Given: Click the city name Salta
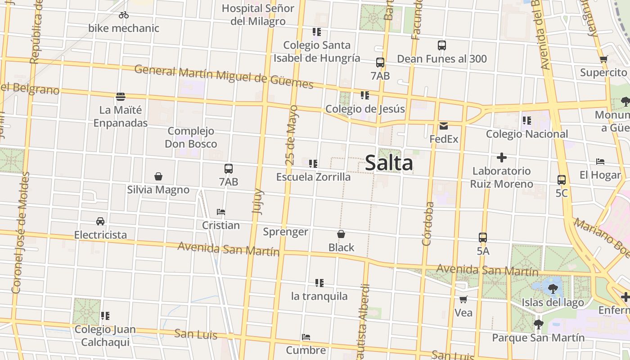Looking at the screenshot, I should (x=389, y=162).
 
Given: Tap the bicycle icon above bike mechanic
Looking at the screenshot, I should (x=124, y=15).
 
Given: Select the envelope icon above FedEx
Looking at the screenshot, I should (x=444, y=126).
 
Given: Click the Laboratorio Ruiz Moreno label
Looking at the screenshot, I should (x=502, y=177).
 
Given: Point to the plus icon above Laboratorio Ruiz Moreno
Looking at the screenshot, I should (x=502, y=157).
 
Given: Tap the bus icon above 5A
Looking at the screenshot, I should (x=483, y=238).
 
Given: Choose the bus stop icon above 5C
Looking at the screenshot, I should (x=562, y=180).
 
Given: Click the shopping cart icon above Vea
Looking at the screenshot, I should (x=463, y=299).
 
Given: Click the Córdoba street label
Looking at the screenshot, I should (x=428, y=224).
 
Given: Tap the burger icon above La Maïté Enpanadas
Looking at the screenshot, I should (x=120, y=96).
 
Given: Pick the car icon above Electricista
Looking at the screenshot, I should (x=100, y=221).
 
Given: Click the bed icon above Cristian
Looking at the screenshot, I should (x=220, y=211).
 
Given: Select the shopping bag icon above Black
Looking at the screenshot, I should (x=341, y=234).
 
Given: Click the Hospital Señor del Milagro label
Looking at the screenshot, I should (x=258, y=14).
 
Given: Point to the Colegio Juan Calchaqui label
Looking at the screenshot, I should (x=105, y=336).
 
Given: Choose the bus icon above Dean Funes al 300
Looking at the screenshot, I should (x=442, y=45).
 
